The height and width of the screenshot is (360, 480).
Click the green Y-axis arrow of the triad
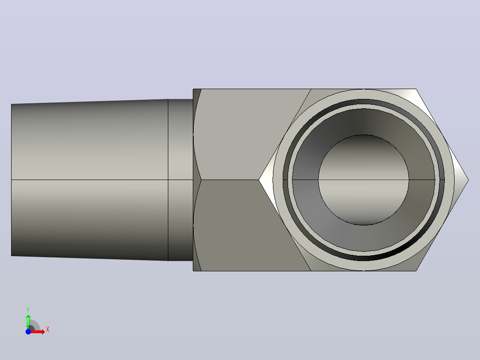[x=28, y=322]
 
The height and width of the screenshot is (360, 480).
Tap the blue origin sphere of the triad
[x=28, y=331]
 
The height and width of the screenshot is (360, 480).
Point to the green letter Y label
[x=28, y=310]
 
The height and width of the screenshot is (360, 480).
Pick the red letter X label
[x=48, y=330]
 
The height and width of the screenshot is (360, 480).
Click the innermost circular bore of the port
[x=363, y=180]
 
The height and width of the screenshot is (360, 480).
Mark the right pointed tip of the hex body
[x=468, y=180]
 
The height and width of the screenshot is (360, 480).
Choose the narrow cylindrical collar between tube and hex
[x=181, y=180]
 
